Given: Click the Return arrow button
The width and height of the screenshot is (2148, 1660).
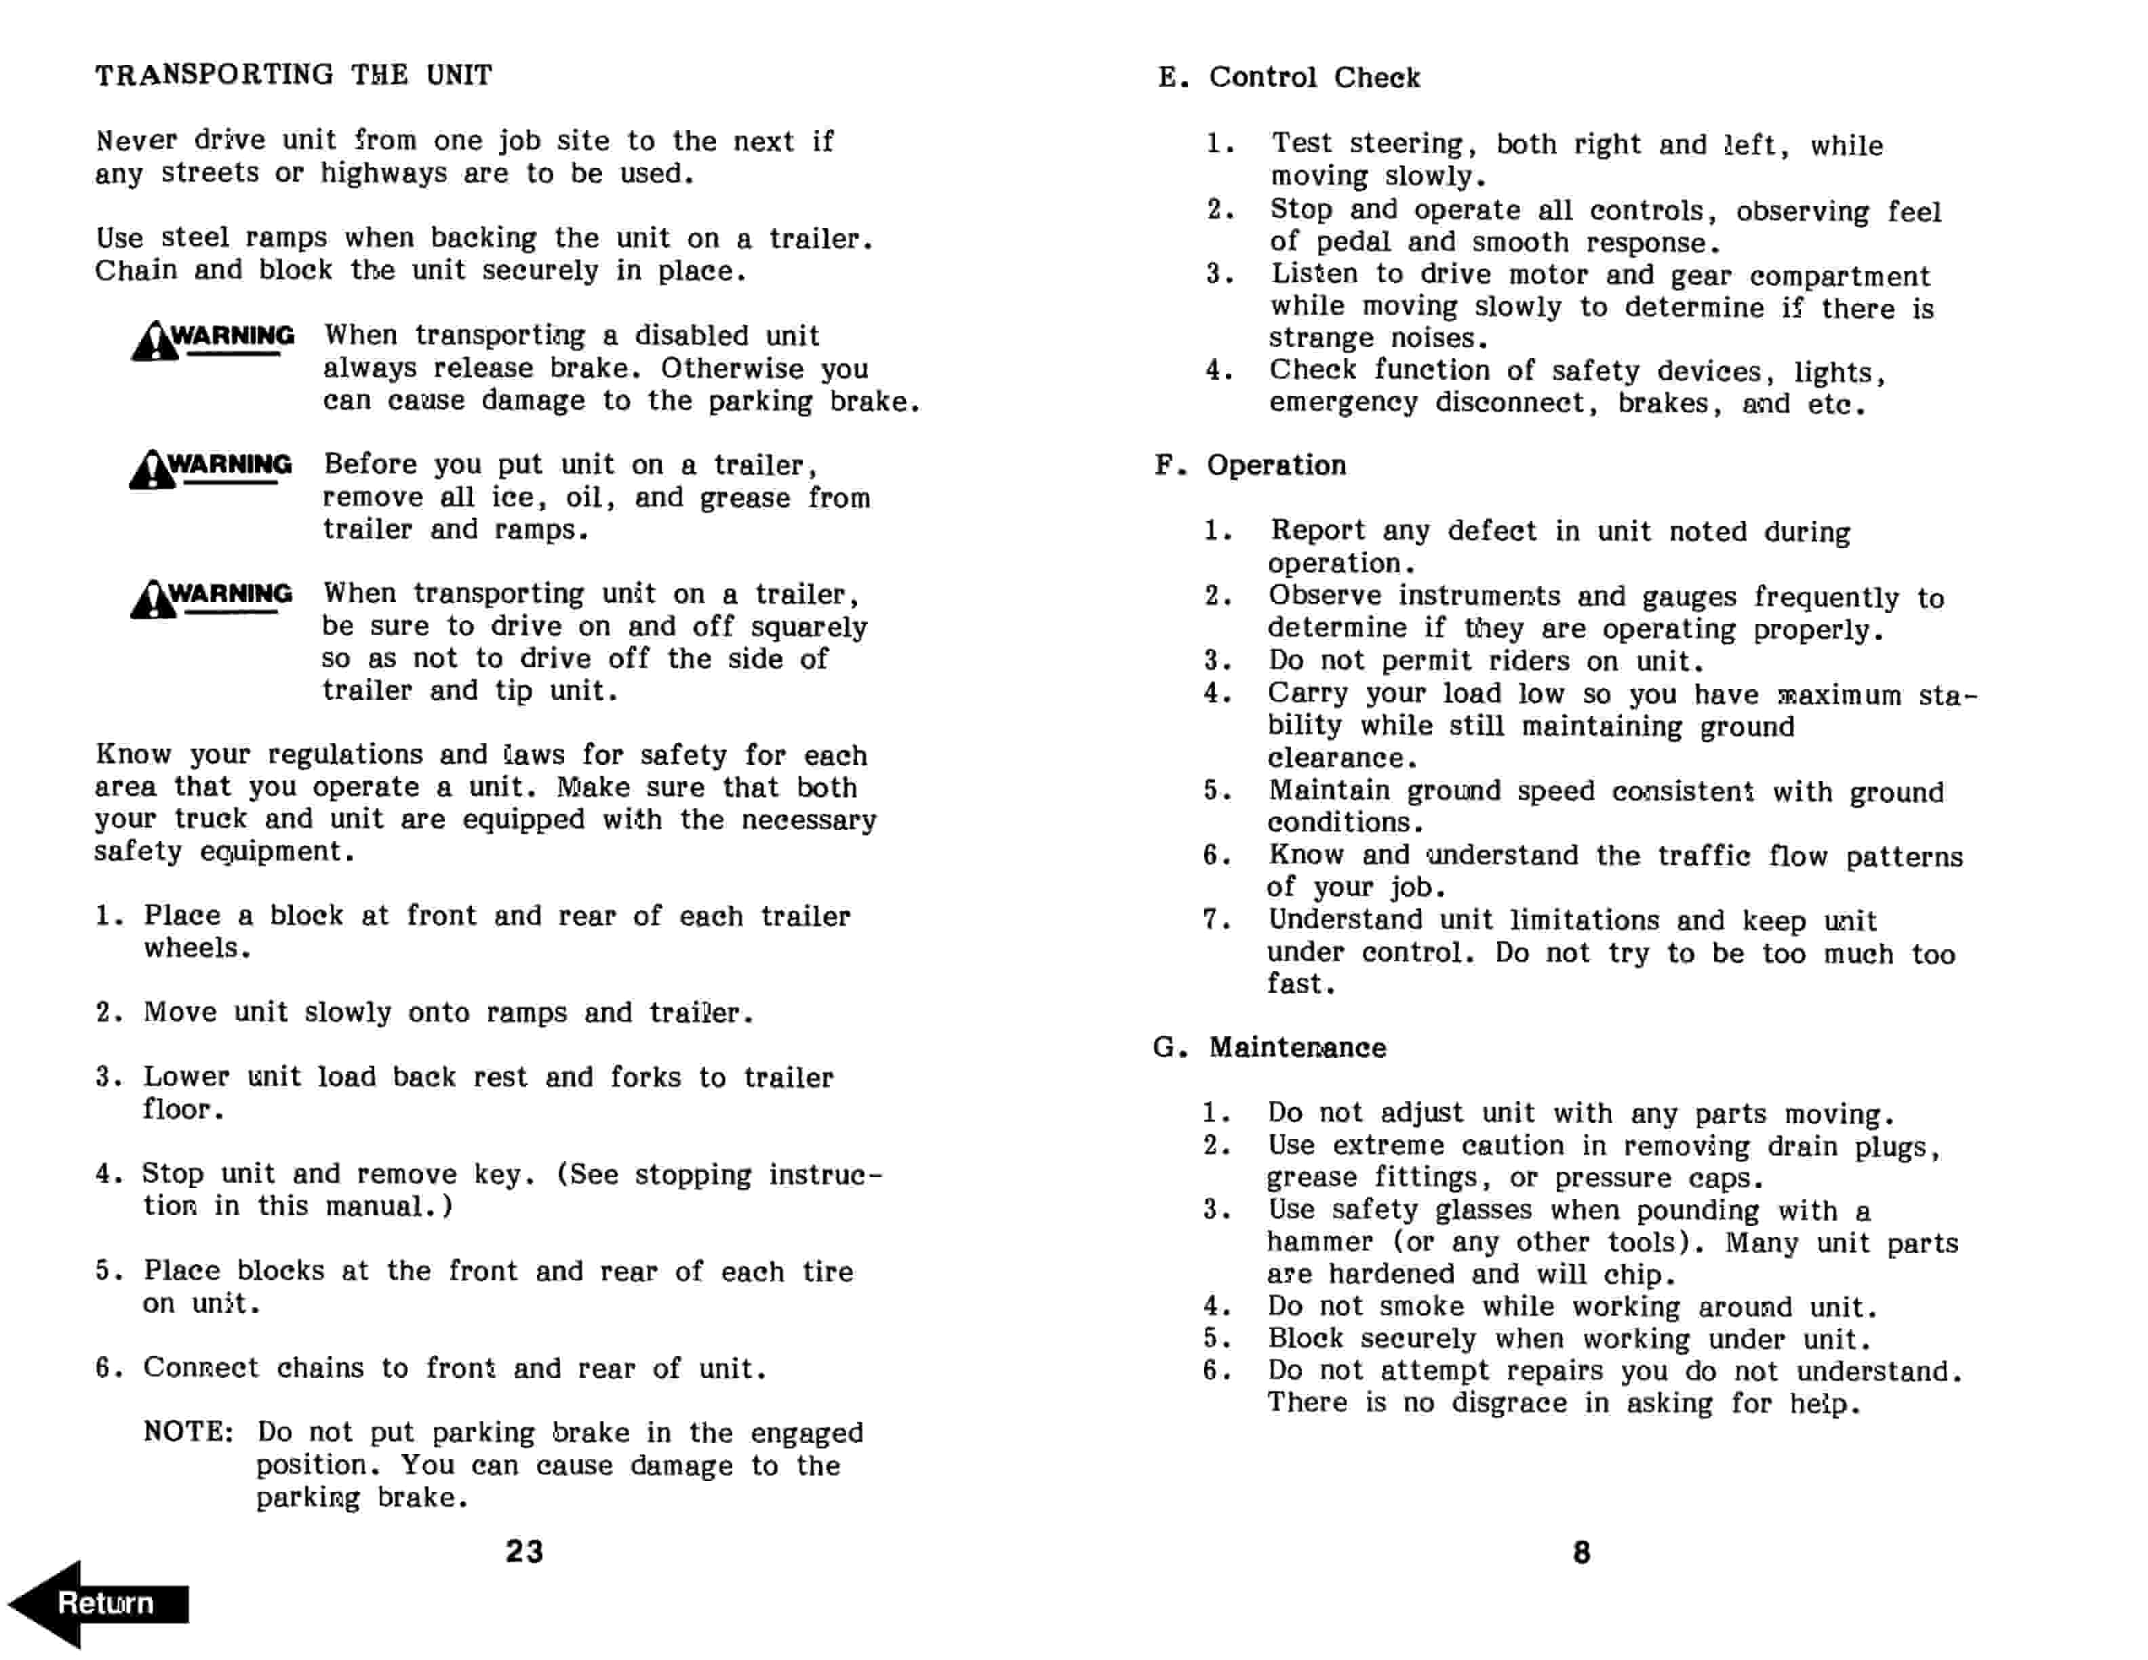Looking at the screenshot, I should (98, 1603).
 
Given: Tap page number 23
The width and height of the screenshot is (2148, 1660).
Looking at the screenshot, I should (524, 1551).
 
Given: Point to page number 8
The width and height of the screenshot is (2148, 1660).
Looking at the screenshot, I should (1581, 1552).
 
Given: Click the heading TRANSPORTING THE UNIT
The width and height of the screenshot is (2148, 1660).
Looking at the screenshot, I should (293, 75).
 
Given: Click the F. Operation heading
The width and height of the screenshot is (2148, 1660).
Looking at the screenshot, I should (1250, 465).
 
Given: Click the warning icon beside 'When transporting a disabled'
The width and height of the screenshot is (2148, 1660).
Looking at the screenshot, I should (155, 340).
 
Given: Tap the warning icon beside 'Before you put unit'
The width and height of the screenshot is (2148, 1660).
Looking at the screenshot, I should (153, 469).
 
